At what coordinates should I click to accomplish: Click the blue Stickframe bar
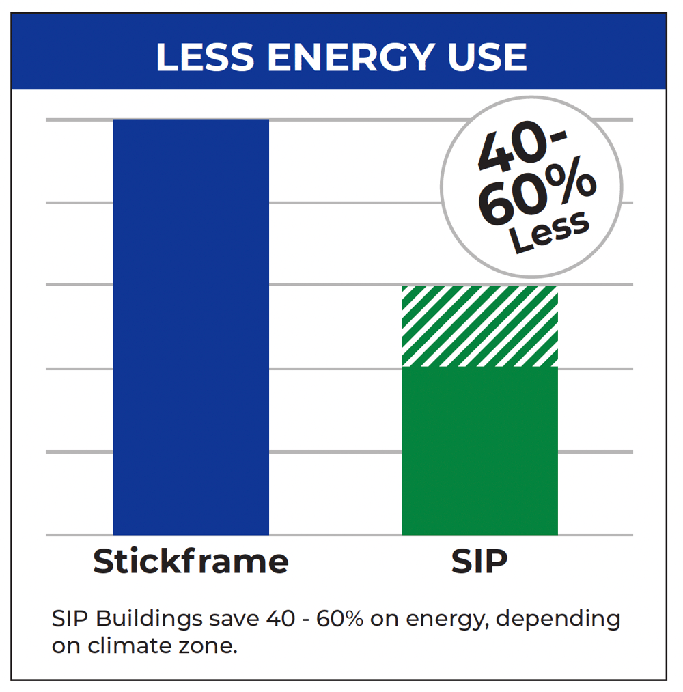(x=191, y=327)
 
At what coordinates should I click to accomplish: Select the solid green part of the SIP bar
(x=479, y=451)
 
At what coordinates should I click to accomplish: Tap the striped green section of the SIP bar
(x=479, y=326)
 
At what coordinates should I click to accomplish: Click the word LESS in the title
(x=206, y=57)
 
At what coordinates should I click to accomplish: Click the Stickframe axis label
(x=191, y=562)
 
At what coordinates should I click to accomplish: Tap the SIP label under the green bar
(x=479, y=562)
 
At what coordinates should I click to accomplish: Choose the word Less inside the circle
(x=550, y=232)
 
